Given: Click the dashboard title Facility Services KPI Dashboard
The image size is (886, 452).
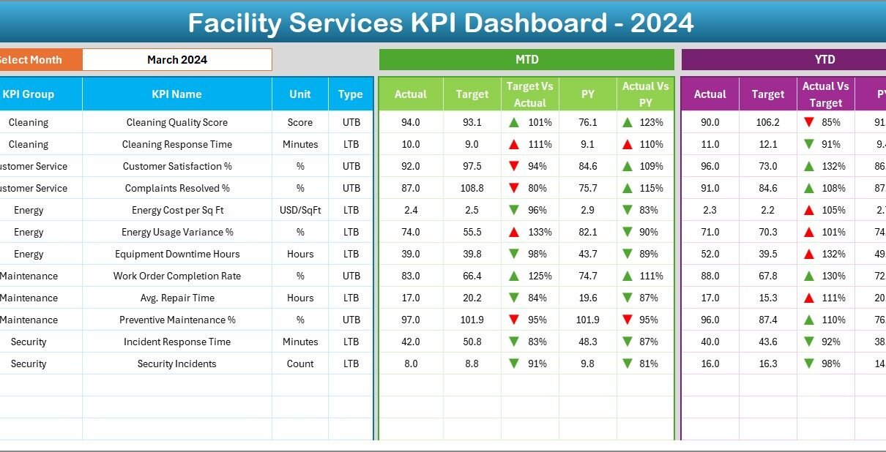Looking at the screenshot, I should click(x=441, y=23).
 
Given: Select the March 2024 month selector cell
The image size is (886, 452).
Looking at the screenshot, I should click(x=177, y=60).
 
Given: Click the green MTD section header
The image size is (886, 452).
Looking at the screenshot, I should click(x=526, y=60).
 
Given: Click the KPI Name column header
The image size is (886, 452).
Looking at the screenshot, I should click(x=176, y=94).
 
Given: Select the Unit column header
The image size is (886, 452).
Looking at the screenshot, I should click(x=300, y=94).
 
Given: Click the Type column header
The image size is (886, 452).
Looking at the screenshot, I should click(x=351, y=94).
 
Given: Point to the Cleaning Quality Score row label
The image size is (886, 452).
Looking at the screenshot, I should click(x=176, y=123).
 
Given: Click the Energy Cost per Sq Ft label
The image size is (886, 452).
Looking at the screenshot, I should click(x=176, y=211).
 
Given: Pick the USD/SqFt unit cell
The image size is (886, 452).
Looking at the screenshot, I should click(x=300, y=211).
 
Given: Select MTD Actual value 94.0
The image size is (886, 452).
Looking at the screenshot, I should click(x=411, y=123).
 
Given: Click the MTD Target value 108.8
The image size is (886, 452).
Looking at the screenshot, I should click(x=472, y=189).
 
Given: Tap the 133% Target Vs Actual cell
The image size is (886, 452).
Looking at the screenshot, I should click(x=540, y=233).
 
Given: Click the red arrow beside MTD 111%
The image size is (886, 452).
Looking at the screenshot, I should click(x=515, y=145).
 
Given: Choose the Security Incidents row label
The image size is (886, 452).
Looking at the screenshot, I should click(x=176, y=364).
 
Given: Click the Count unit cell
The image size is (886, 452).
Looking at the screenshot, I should click(x=300, y=364).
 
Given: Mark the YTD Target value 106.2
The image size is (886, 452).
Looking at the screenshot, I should click(x=767, y=123).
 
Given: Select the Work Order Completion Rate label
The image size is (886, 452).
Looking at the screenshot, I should click(x=176, y=276).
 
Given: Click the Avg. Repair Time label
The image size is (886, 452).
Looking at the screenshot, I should click(x=176, y=298).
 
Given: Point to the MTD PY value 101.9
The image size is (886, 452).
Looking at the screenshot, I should click(x=587, y=320).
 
